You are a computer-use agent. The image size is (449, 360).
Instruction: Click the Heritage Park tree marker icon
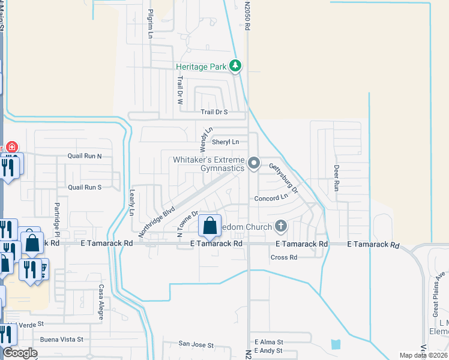pos(237,66)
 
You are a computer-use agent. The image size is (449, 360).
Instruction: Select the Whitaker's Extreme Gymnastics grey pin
pos(254,163)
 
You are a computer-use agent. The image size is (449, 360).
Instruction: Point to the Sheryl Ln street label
pos(225,142)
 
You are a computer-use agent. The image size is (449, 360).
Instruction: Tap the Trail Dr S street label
pos(214,112)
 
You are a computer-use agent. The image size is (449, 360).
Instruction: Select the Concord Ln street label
pos(271,198)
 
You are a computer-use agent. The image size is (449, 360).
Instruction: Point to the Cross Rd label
pos(284,257)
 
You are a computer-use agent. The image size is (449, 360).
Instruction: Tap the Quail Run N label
pos(85,156)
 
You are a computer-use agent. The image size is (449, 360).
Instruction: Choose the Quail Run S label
pos(85,187)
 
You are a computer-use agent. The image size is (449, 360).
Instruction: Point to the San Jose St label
pos(196,345)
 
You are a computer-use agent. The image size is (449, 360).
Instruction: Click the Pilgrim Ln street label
pos(151,24)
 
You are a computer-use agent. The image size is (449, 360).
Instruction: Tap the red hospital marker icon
pos(11,148)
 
